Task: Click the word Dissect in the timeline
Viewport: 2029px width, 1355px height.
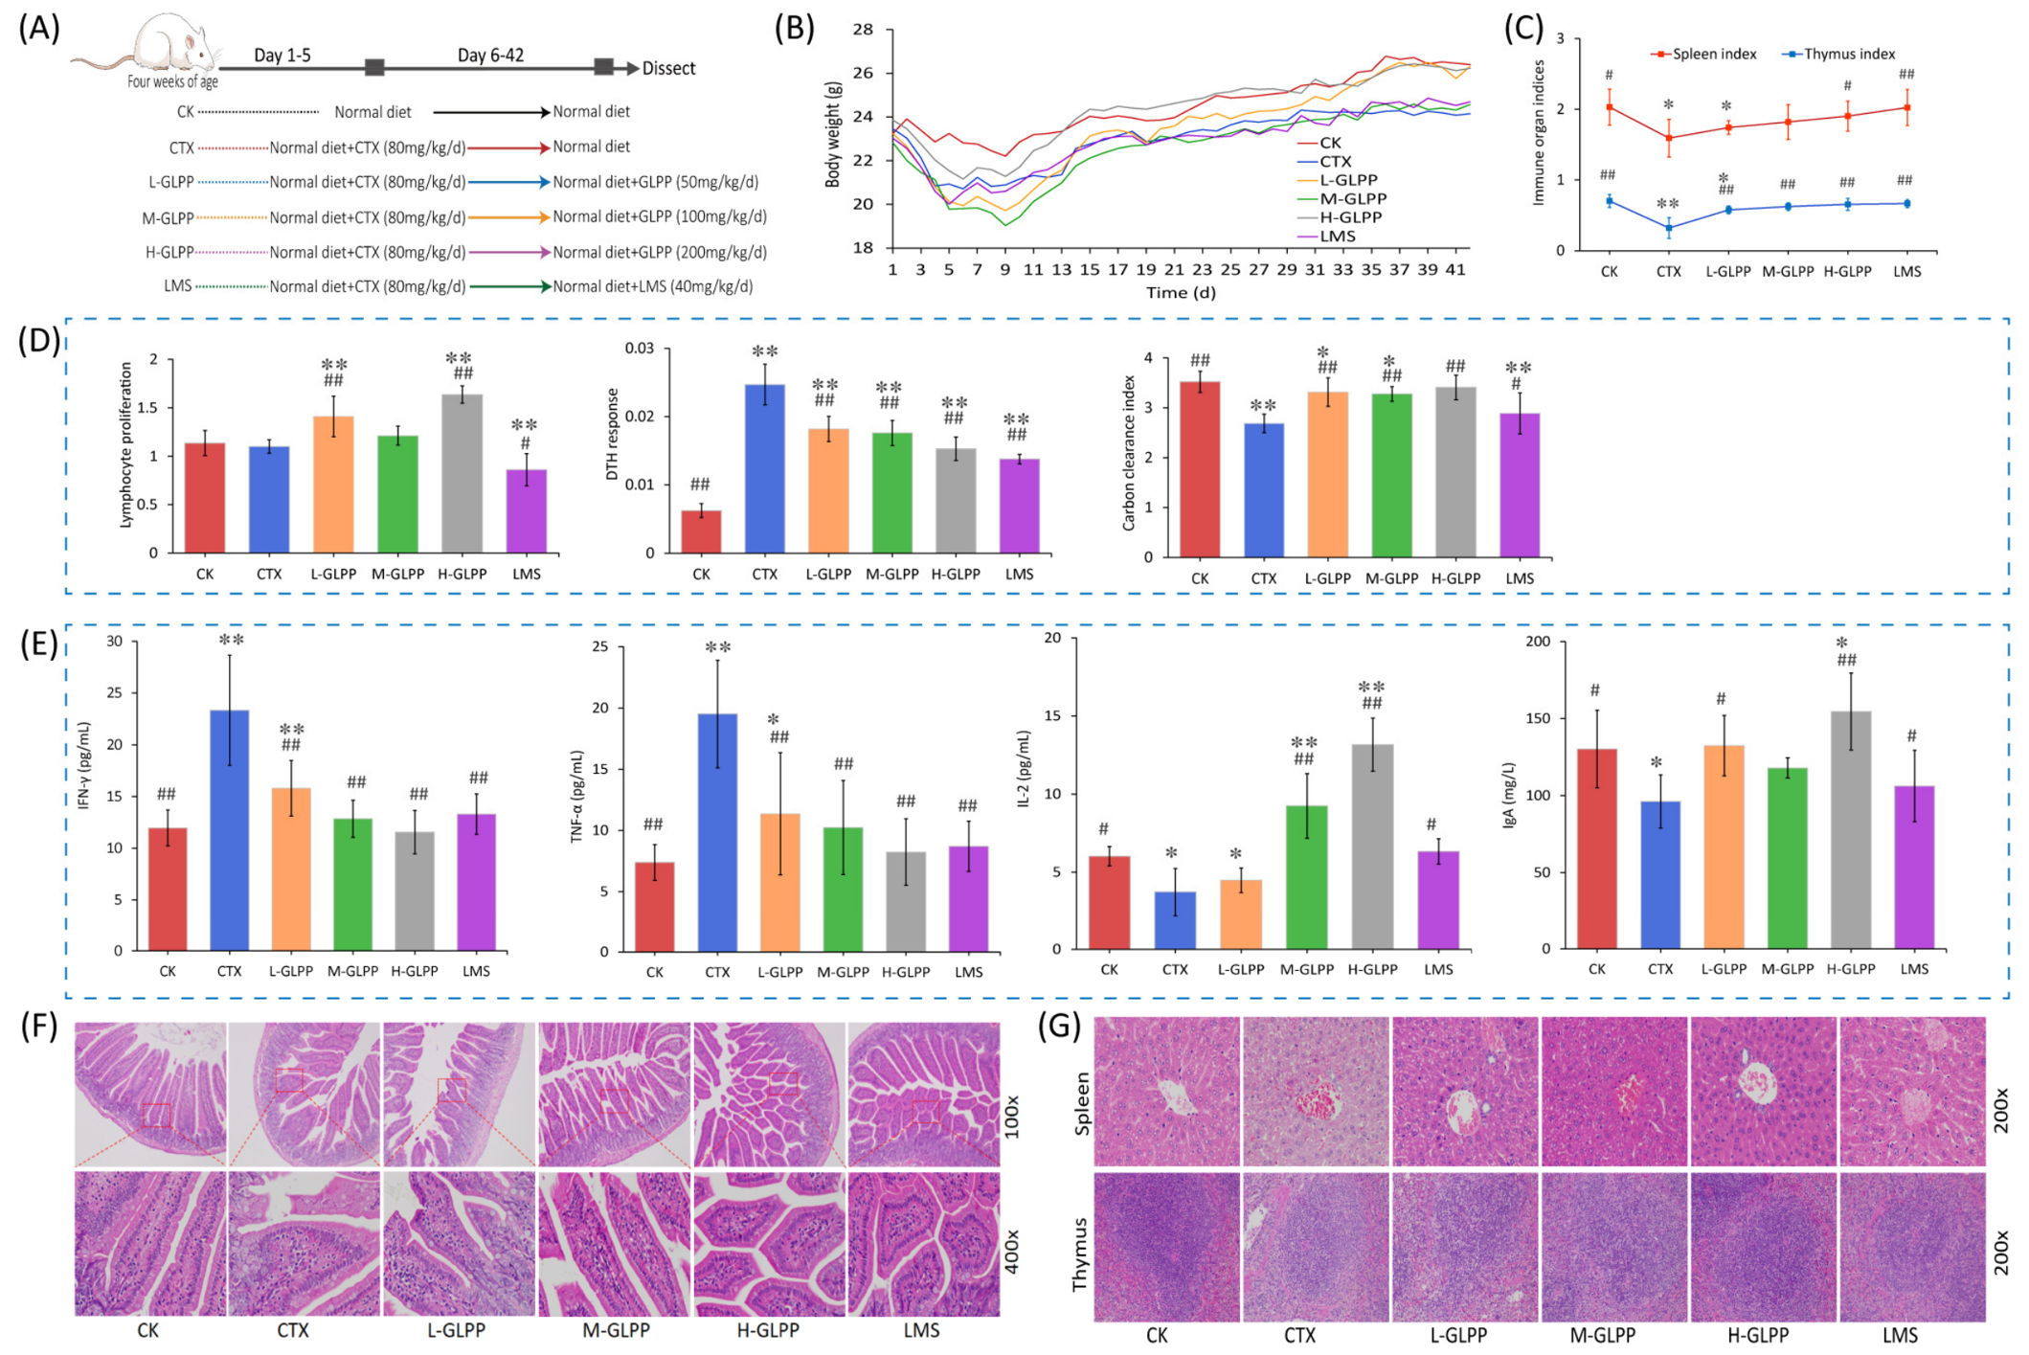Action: (668, 68)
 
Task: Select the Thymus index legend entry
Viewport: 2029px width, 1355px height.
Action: (1837, 54)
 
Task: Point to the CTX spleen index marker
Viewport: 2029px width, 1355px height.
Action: (1669, 138)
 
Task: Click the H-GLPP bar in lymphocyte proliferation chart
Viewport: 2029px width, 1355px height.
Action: (461, 473)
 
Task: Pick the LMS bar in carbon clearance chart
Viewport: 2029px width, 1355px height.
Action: (1520, 485)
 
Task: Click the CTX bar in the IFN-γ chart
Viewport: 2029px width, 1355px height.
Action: (229, 830)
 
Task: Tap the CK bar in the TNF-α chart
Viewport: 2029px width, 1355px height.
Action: (655, 907)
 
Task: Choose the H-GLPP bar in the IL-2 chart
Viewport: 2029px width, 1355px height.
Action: (1372, 847)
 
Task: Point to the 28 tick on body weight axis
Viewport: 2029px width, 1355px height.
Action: (862, 30)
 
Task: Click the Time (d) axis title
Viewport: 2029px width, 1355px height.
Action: (1181, 293)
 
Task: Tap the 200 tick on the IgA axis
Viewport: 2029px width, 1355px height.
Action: (1539, 641)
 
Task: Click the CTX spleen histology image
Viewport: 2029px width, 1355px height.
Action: (1315, 1091)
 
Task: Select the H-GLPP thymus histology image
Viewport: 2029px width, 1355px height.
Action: (1763, 1247)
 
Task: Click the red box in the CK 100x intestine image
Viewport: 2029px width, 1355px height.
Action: (156, 1115)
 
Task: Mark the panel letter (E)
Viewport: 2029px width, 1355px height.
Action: (39, 644)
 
